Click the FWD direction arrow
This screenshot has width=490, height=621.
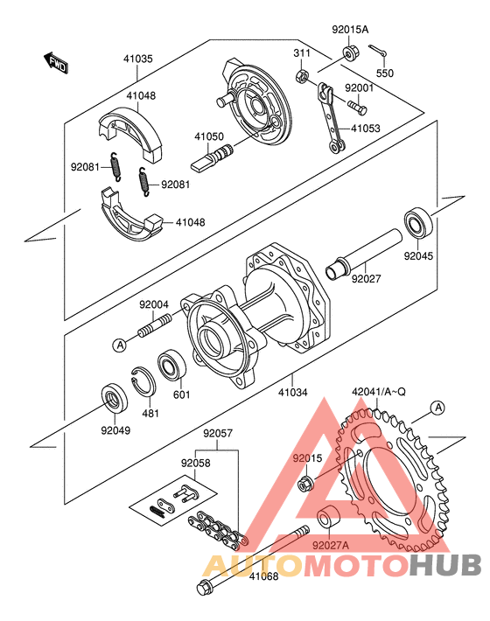[x=55, y=63]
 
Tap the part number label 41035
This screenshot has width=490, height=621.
[x=137, y=59]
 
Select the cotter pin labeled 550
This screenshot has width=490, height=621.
[x=377, y=51]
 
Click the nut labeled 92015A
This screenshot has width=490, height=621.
[x=348, y=53]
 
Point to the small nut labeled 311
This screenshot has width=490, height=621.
[x=302, y=75]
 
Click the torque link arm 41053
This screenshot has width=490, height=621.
[x=332, y=117]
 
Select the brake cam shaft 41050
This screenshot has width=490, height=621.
[x=212, y=158]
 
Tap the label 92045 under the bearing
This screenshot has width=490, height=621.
[x=418, y=256]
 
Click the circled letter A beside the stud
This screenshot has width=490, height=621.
[x=120, y=345]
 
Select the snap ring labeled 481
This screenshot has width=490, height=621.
[x=143, y=381]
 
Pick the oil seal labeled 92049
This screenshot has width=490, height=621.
[x=115, y=397]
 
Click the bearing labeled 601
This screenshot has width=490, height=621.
[x=171, y=365]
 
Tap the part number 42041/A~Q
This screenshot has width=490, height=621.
[x=379, y=392]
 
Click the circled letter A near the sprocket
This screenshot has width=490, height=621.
[x=438, y=408]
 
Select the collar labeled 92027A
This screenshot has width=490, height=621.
[x=329, y=517]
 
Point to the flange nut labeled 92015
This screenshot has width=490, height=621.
[x=305, y=483]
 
